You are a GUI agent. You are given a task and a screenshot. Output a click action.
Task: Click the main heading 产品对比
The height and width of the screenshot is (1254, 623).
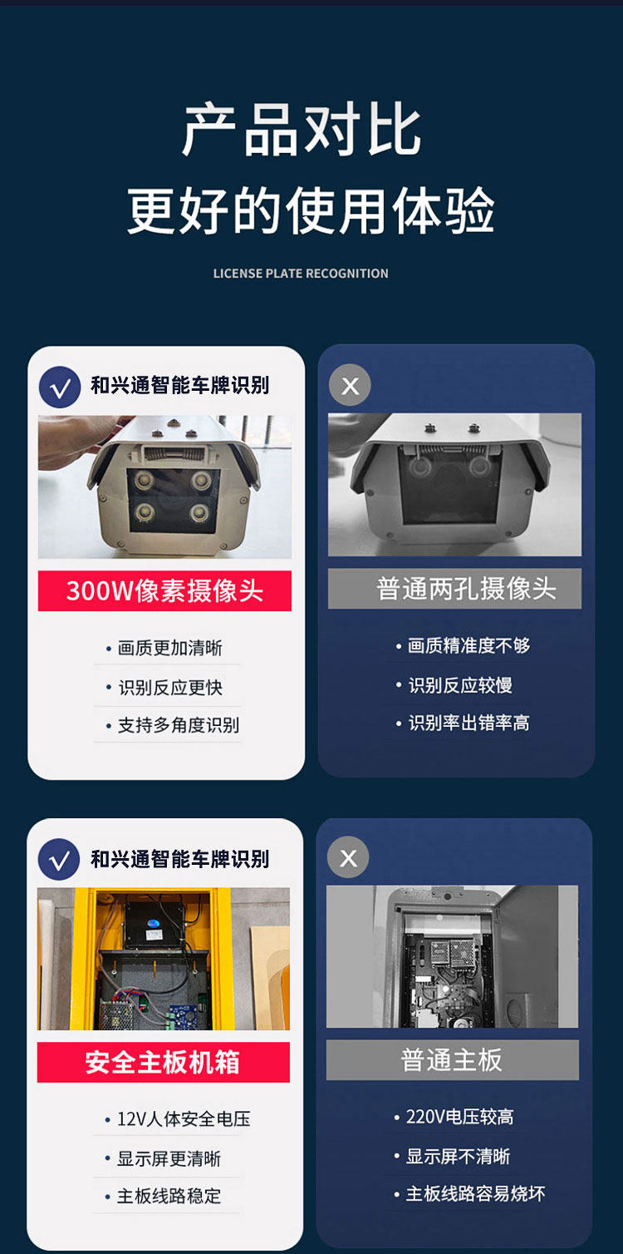click(302, 130)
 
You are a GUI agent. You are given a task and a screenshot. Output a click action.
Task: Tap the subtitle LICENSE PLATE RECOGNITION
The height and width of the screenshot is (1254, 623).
click(301, 274)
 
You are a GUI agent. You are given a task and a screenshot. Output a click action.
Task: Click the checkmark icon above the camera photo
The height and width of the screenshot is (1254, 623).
click(60, 387)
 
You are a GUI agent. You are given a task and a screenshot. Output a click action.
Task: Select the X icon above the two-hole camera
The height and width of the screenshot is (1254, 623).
click(350, 385)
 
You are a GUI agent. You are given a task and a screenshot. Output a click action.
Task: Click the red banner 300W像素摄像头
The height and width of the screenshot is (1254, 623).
click(164, 590)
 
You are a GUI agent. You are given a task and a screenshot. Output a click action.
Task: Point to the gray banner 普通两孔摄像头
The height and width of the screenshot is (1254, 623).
click(454, 589)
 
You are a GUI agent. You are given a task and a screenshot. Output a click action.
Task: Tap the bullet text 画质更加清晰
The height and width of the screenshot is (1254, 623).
click(170, 649)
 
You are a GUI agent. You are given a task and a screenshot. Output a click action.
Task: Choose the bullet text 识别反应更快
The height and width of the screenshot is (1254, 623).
click(170, 688)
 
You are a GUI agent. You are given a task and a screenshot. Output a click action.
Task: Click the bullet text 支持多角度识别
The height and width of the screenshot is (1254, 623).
click(179, 725)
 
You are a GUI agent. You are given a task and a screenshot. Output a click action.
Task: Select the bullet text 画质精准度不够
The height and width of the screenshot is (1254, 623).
click(468, 646)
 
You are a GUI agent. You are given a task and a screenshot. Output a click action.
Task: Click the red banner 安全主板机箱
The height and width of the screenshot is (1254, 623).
click(164, 1062)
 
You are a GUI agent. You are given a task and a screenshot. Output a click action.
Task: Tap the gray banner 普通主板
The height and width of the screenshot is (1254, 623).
click(453, 1059)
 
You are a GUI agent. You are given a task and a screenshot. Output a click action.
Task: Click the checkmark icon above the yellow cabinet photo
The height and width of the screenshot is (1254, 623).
click(59, 859)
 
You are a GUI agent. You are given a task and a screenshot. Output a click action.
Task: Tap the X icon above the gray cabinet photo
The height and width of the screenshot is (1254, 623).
click(348, 857)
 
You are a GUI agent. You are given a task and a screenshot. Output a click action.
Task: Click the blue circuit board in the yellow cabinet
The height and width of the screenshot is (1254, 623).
click(187, 1015)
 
